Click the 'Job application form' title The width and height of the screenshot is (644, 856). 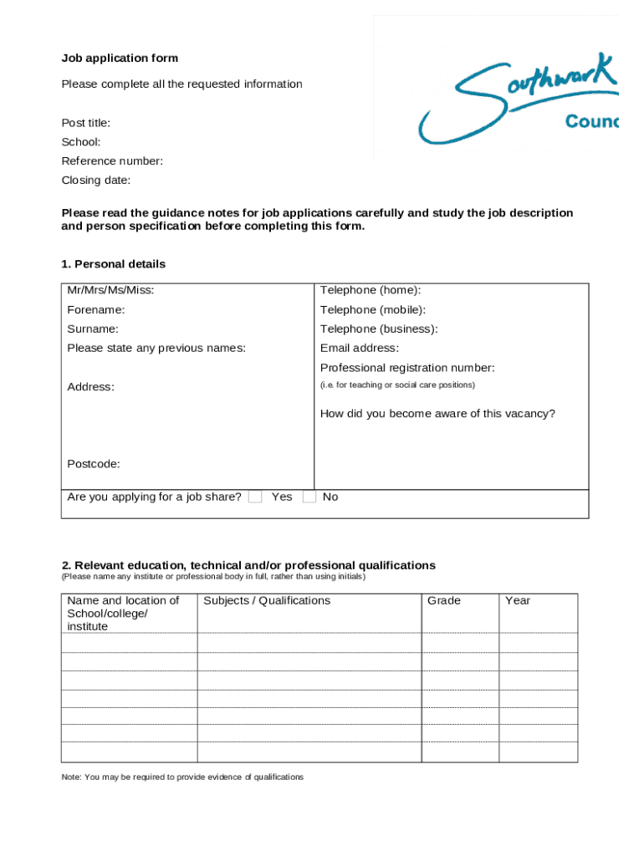coord(120,59)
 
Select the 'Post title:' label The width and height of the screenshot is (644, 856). coord(86,123)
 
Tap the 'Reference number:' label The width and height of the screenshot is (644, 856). coord(112,161)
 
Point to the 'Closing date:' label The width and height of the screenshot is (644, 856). coord(96,181)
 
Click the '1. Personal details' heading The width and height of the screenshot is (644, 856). coord(114,264)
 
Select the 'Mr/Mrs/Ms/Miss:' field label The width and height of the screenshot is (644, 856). coord(110,290)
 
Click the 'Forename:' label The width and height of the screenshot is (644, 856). coord(96,310)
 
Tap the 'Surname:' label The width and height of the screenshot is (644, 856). coord(93,329)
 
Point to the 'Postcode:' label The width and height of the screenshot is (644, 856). coord(94,464)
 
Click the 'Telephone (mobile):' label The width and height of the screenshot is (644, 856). coord(373,310)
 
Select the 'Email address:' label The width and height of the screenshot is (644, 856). coord(360,349)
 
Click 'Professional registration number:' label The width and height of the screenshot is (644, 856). coord(407,368)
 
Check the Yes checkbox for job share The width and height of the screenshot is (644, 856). coord(256,497)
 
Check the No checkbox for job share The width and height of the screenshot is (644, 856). coord(309,497)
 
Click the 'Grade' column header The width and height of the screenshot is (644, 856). coord(444,601)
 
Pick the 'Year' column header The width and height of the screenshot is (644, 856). coord(518,601)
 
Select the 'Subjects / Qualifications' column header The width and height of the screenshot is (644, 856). coord(267,601)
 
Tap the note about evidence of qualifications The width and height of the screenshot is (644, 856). coord(182,777)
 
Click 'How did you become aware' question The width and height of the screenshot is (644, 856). coord(437,414)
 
